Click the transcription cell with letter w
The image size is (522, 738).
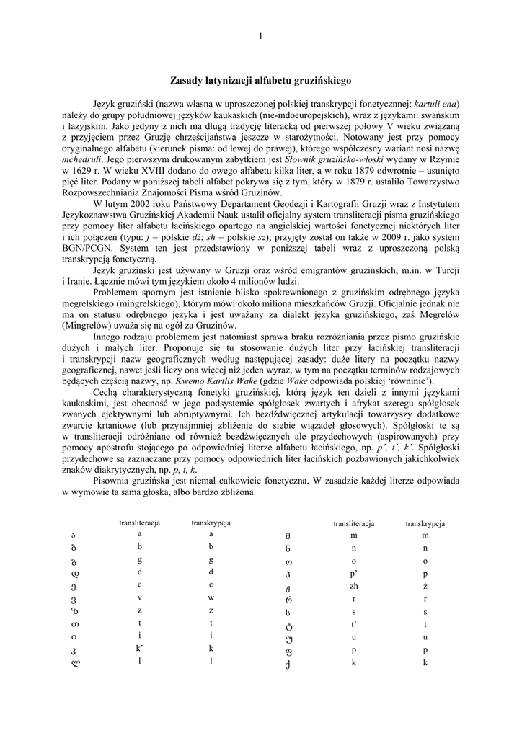(211, 597)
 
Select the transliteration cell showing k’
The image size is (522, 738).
(140, 649)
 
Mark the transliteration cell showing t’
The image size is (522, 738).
(354, 623)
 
